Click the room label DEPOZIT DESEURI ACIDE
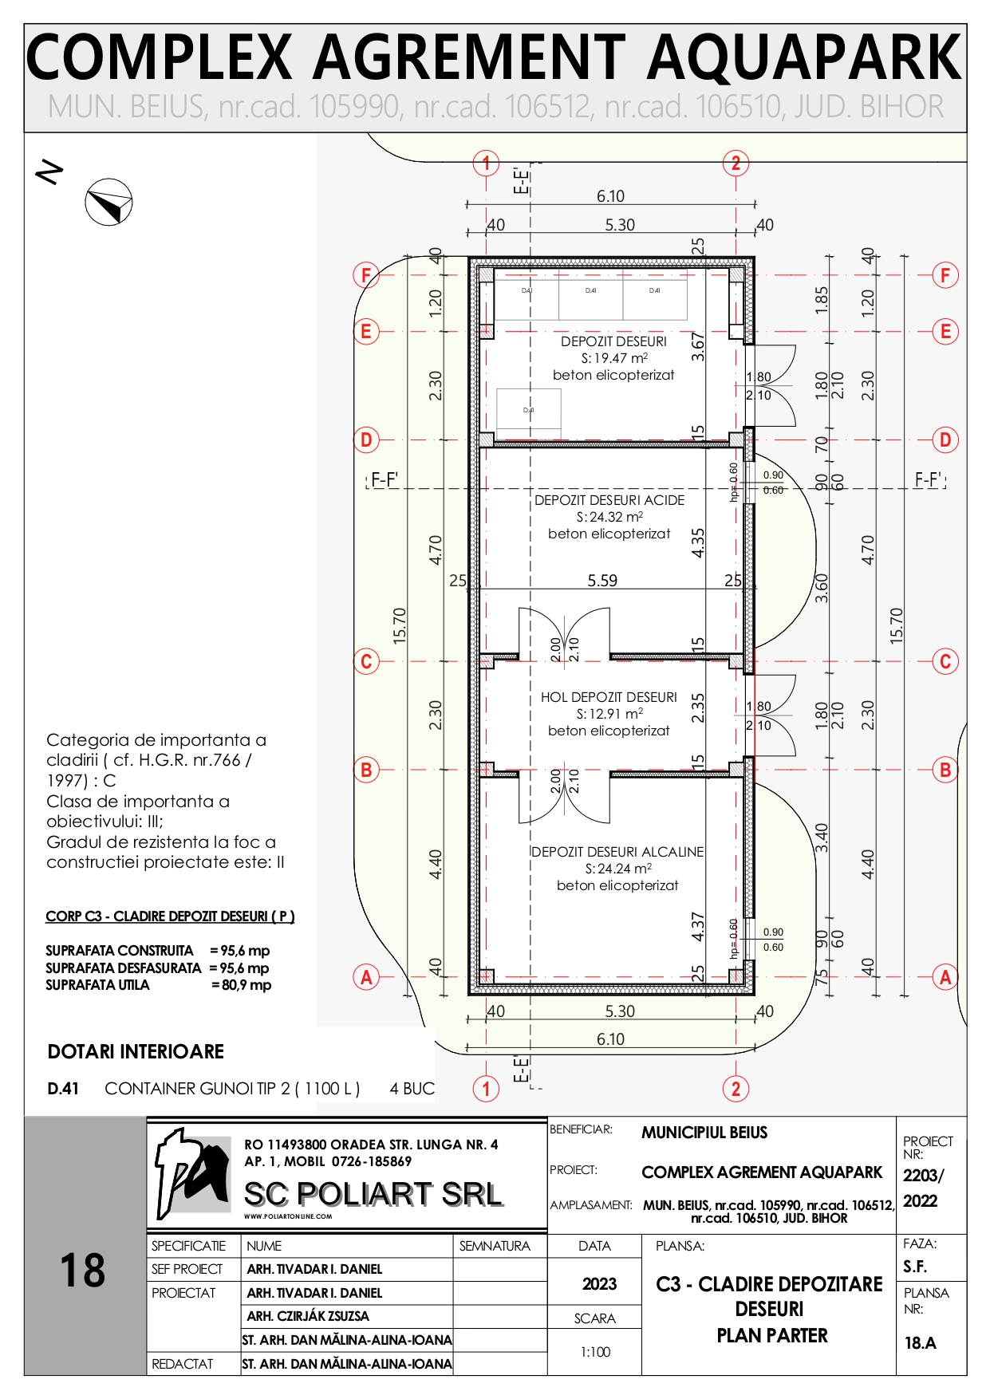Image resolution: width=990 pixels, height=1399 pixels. (x=609, y=500)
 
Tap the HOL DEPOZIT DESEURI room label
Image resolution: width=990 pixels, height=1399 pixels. (x=609, y=697)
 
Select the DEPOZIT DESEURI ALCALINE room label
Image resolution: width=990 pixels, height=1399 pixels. (x=617, y=852)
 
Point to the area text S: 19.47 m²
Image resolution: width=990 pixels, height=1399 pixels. (x=613, y=358)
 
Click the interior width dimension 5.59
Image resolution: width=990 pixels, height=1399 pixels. (x=602, y=581)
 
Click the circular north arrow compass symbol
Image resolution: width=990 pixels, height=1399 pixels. (x=108, y=202)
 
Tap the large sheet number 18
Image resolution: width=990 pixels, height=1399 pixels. (x=83, y=1271)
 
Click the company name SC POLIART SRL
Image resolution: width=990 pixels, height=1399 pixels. (x=373, y=1194)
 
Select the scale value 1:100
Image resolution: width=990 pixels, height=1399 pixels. (x=595, y=1352)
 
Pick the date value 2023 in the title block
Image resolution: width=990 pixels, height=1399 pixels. (x=599, y=1283)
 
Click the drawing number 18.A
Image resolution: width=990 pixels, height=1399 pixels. (x=920, y=1343)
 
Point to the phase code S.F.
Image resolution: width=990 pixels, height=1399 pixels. (x=915, y=1267)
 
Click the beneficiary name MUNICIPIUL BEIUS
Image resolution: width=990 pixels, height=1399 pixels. (x=704, y=1133)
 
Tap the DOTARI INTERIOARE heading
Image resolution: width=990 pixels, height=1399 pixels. (x=136, y=1051)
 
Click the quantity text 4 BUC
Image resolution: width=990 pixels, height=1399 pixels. (x=412, y=1089)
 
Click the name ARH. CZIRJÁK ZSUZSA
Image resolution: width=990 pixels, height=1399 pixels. (x=308, y=1316)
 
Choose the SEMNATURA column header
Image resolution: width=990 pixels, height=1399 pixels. (x=495, y=1246)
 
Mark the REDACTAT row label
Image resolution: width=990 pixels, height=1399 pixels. (x=183, y=1364)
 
